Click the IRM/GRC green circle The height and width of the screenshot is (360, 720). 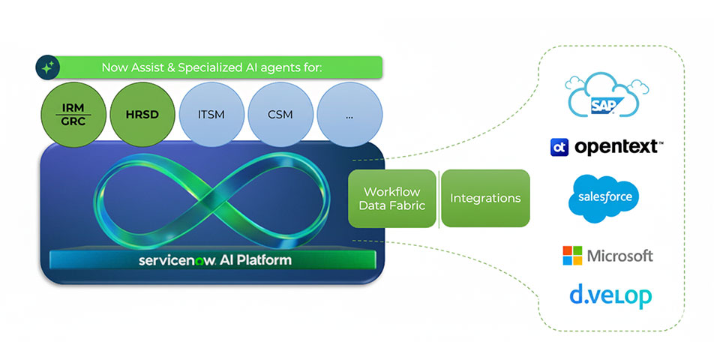(x=73, y=115)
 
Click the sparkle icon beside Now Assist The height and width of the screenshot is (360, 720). (x=48, y=67)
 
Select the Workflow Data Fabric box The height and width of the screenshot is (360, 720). (x=392, y=198)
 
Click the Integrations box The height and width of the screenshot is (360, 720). (x=485, y=198)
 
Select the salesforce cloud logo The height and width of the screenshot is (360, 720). (x=604, y=198)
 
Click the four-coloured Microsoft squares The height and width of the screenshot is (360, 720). (x=573, y=256)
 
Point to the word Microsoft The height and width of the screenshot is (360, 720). (x=619, y=256)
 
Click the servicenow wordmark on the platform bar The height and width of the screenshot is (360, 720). (x=178, y=261)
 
